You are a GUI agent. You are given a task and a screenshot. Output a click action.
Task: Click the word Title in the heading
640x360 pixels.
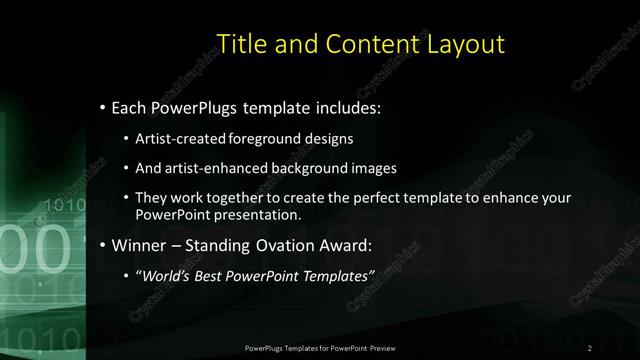(241, 44)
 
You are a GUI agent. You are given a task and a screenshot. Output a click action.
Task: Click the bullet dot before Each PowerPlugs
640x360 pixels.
(103, 107)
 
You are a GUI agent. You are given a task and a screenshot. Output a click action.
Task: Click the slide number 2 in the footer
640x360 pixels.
(590, 348)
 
